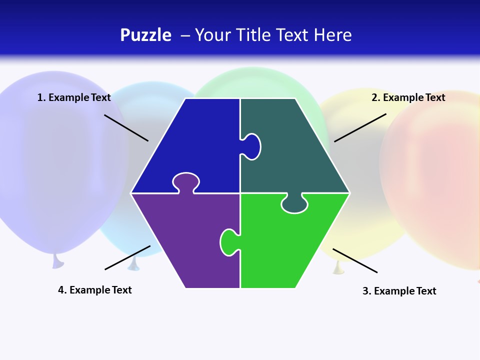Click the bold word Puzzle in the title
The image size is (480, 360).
(x=145, y=35)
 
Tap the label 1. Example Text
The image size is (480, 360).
(x=74, y=97)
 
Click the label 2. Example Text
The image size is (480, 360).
(x=408, y=97)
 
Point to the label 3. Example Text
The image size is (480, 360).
(x=399, y=291)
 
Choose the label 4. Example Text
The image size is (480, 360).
(x=95, y=290)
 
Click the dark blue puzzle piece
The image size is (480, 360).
(x=195, y=140)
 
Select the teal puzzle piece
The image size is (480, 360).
(x=295, y=150)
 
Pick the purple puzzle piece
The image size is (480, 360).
(x=185, y=235)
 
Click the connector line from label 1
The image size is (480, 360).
(x=126, y=128)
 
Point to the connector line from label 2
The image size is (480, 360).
(x=360, y=127)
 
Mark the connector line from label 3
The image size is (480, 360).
(x=355, y=260)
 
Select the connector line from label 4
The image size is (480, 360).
(x=127, y=257)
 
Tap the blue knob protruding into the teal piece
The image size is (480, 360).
(x=251, y=146)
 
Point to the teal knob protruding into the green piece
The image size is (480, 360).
(x=294, y=204)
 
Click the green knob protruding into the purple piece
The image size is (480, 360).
(x=228, y=242)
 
